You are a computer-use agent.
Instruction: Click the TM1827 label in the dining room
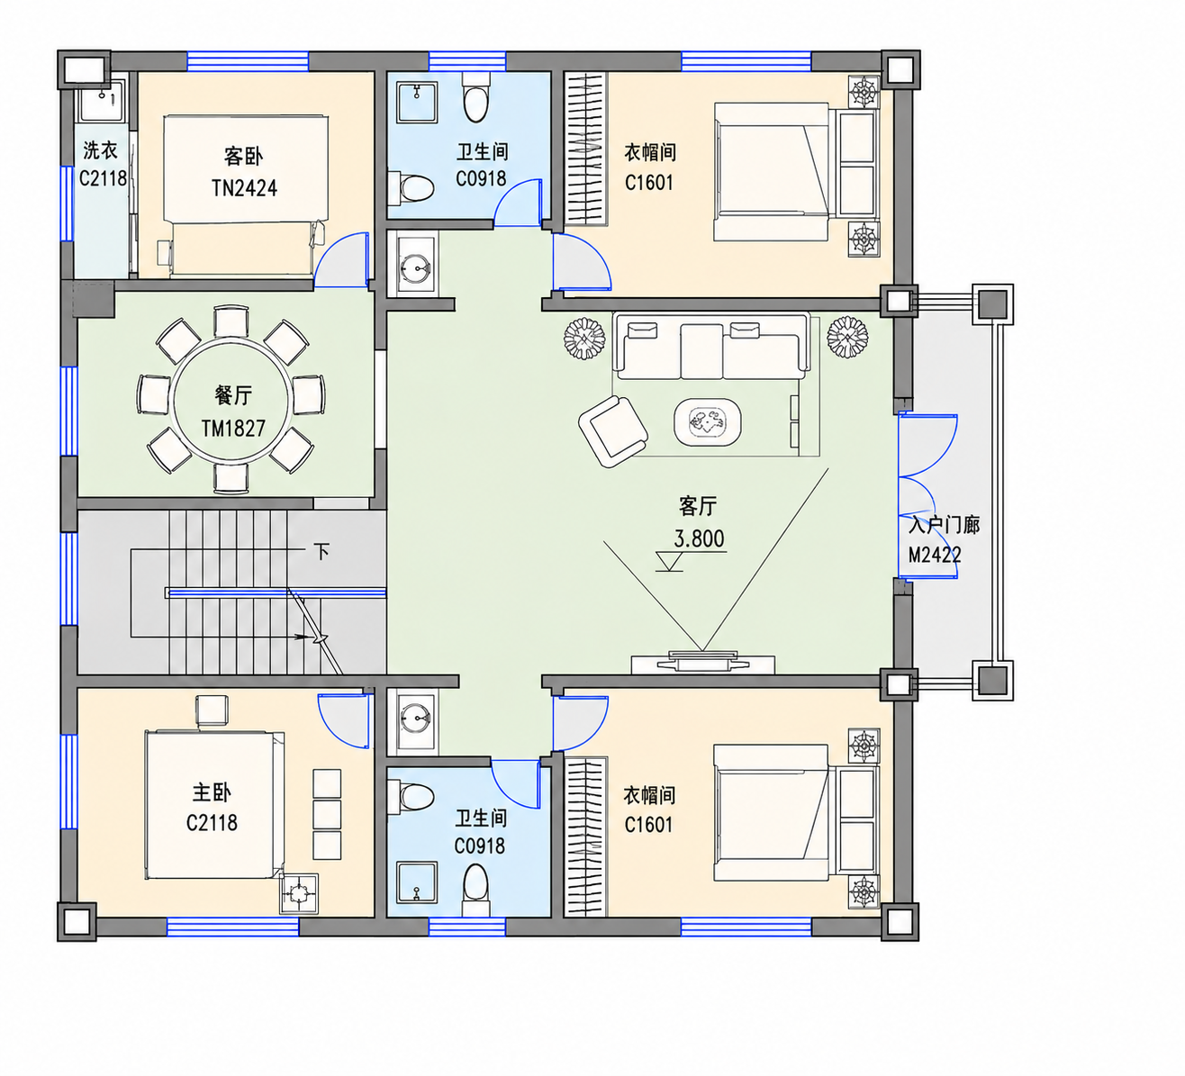click(x=233, y=429)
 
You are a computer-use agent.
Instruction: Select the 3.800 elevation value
click(x=699, y=538)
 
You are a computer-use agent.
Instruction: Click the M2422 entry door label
click(x=935, y=555)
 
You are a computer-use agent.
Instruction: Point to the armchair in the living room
click(x=613, y=430)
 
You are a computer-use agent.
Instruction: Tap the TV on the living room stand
click(x=703, y=660)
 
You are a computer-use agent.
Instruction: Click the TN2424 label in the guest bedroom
click(x=245, y=188)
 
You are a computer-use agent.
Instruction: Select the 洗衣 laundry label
click(x=100, y=150)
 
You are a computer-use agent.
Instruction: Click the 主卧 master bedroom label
click(x=212, y=792)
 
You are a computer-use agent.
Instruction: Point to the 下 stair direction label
click(x=321, y=551)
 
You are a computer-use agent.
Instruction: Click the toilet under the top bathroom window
click(x=476, y=98)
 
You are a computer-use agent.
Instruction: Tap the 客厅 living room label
click(x=698, y=506)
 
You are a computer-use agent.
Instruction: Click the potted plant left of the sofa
click(x=584, y=339)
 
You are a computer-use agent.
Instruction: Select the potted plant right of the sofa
click(x=847, y=338)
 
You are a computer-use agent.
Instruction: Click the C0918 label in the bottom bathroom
click(x=480, y=846)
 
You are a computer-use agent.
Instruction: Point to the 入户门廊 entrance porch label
click(x=944, y=524)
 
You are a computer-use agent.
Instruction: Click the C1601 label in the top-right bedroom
click(x=649, y=183)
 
